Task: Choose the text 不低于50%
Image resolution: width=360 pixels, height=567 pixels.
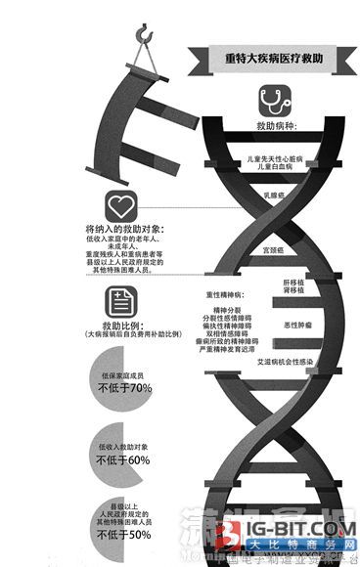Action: tap(125, 534)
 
